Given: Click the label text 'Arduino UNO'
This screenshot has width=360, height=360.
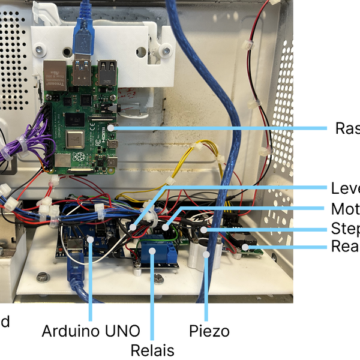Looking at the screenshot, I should click(91, 331).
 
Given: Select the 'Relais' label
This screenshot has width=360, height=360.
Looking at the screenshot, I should click(152, 350).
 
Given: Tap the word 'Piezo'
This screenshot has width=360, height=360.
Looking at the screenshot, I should click(209, 331).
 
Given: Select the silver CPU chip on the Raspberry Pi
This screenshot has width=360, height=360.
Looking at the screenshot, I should click(75, 139).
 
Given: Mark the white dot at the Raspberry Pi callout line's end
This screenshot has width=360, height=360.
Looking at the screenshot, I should click(112, 127).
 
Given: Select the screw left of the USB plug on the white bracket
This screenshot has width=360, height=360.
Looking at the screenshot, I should click(40, 48).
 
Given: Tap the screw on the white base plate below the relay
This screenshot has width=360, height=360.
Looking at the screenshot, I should click(157, 277).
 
